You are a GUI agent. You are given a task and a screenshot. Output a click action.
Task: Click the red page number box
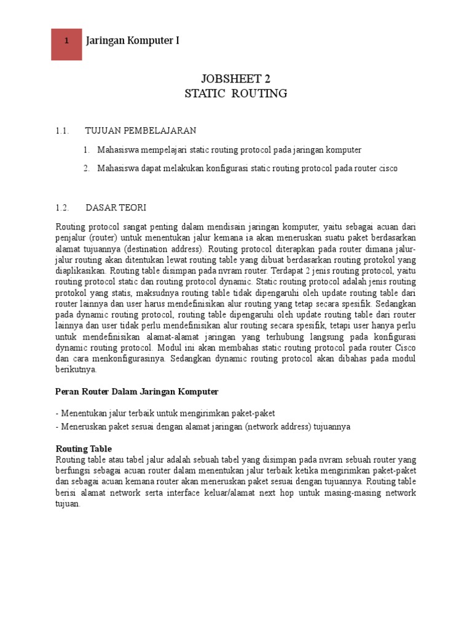point(66,41)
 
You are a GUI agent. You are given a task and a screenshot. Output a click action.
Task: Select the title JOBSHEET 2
point(235,79)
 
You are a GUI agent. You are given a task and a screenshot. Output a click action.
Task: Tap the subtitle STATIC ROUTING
point(235,94)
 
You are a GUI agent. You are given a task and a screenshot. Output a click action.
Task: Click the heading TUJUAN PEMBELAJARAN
point(141,130)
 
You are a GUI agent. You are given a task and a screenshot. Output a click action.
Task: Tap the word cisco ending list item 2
point(394,168)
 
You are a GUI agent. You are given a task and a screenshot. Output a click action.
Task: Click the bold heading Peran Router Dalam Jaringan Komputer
point(136,391)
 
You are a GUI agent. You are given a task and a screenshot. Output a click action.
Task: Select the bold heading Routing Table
point(84,449)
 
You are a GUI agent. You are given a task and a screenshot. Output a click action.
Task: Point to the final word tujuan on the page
point(67,504)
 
